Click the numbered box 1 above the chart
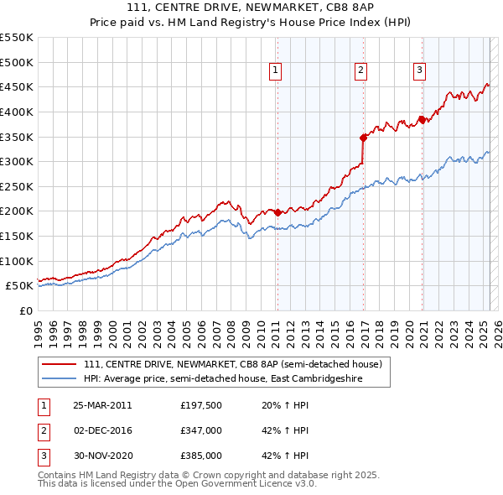(276, 70)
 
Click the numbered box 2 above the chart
(360, 70)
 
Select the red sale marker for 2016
(363, 138)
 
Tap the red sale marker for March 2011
(277, 212)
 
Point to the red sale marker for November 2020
(422, 118)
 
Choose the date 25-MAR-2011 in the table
(102, 405)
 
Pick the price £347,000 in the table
(200, 430)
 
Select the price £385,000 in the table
(200, 456)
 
